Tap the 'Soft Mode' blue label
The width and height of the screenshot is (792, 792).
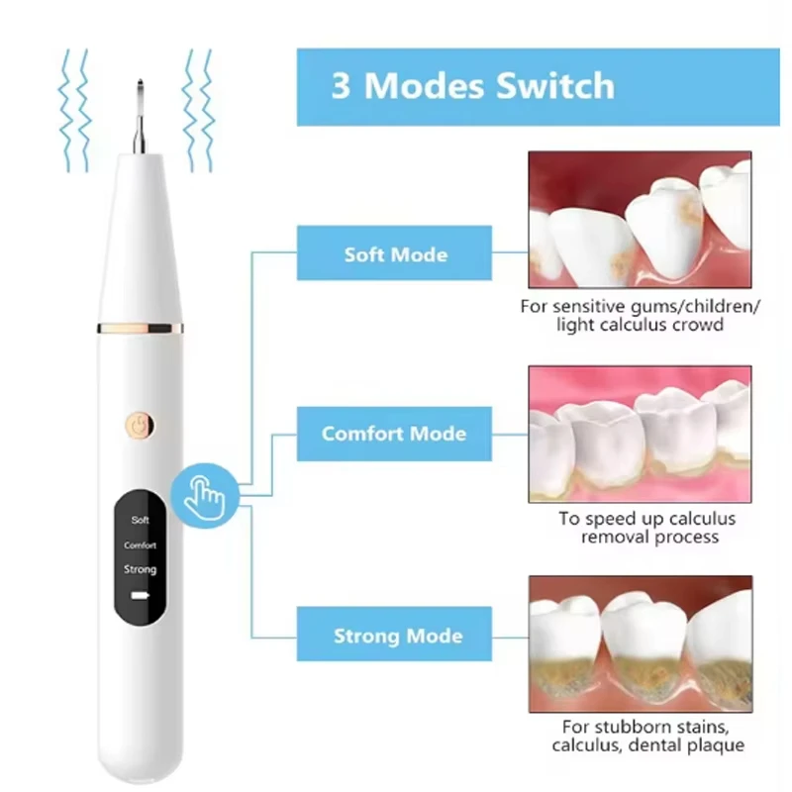[x=395, y=254]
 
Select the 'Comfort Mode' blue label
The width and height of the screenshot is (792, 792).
[x=394, y=434]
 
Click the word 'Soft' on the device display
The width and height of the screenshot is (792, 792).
[x=141, y=519]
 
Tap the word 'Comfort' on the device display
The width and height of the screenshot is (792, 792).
[x=141, y=545]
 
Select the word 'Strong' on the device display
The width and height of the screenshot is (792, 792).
[x=141, y=570]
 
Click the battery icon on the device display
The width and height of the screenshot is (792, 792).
[x=141, y=597]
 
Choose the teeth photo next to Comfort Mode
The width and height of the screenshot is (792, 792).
[x=640, y=432]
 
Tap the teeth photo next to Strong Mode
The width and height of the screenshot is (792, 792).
[x=640, y=643]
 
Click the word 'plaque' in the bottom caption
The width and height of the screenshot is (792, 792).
[x=715, y=745]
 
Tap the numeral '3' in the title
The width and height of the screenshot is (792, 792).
[x=342, y=86]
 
